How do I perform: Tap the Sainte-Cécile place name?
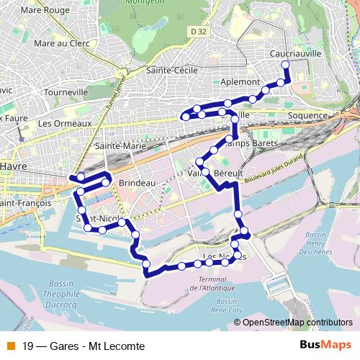[173, 71]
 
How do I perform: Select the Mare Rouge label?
[41, 11]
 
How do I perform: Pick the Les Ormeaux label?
[65, 123]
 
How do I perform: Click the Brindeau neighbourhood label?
[138, 184]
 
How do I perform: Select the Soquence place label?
[307, 115]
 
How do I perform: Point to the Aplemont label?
[240, 82]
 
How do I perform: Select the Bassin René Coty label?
[225, 306]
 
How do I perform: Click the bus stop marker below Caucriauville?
[285, 65]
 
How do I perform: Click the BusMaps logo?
[325, 345]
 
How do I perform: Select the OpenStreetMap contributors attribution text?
[297, 323]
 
